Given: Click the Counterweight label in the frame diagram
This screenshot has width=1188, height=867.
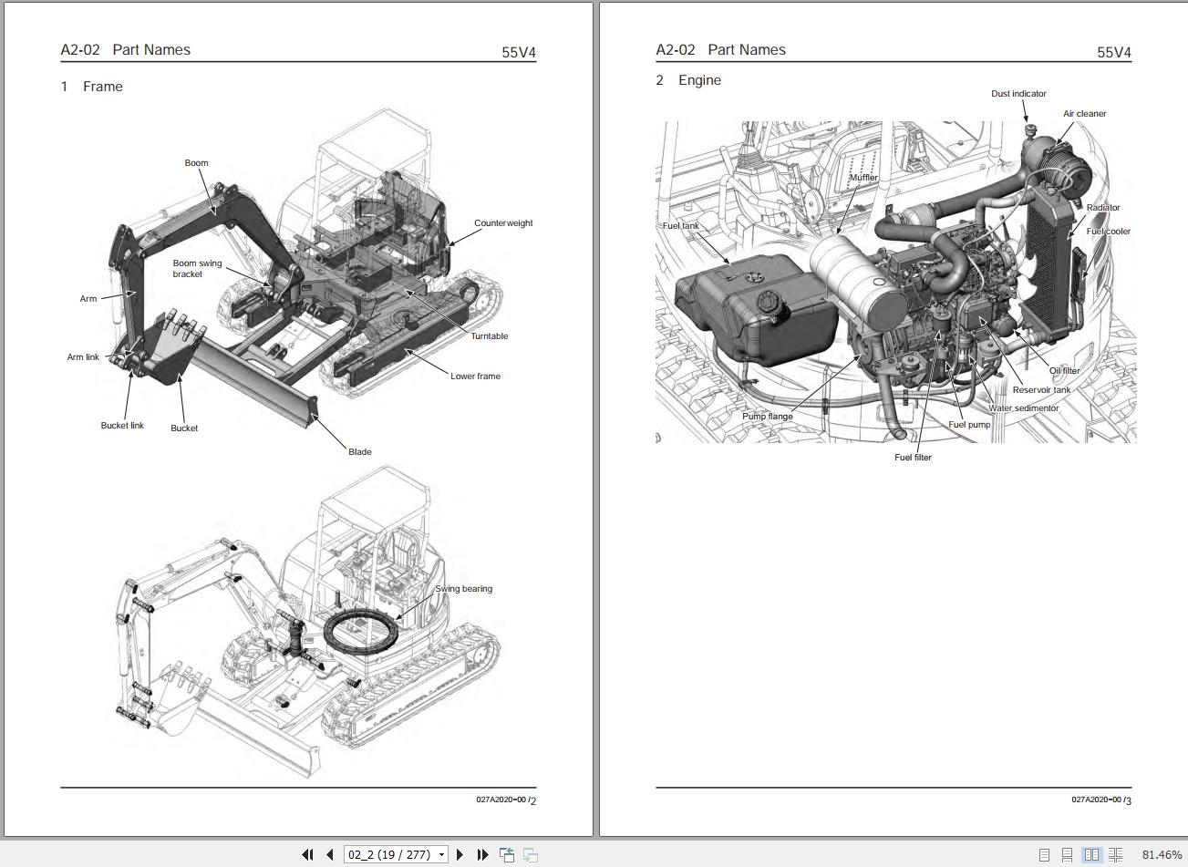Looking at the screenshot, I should tap(503, 223).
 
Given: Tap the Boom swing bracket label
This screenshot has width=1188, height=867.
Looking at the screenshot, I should tap(197, 269).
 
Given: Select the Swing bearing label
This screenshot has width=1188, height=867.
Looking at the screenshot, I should tap(463, 589).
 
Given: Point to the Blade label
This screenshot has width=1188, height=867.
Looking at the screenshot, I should tap(359, 451).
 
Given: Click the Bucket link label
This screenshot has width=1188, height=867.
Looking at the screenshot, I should tap(122, 426).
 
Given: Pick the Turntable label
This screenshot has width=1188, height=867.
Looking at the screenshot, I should tap(490, 336).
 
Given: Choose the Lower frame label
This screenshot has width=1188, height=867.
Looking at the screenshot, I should tap(475, 376).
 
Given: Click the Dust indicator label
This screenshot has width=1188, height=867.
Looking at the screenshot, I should tap(1018, 94).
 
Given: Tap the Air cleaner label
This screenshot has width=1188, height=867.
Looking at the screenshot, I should tap(1084, 114).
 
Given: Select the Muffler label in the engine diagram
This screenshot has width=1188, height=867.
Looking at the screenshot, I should tap(863, 178).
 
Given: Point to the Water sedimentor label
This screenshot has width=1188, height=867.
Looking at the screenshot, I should tap(1024, 408).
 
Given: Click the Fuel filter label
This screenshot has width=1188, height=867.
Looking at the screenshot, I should tap(913, 458).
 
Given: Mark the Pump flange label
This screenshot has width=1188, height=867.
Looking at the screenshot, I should tap(767, 417).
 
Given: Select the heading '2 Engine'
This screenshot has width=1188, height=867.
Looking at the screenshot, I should tap(688, 80).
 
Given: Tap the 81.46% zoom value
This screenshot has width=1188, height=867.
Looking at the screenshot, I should tap(1161, 854).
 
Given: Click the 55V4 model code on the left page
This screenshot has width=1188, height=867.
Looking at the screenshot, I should tap(519, 52).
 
